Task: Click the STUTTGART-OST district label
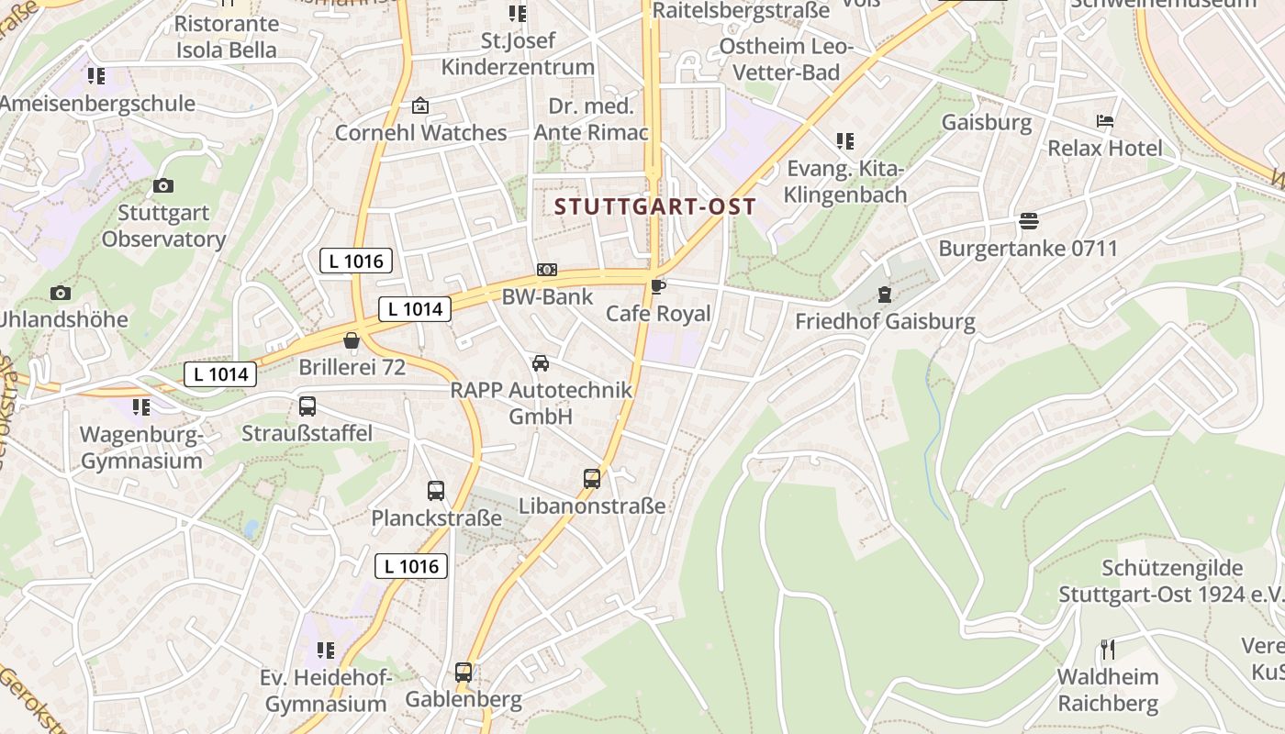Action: coord(655,206)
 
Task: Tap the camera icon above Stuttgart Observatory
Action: coord(163,186)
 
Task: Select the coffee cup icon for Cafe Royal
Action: coord(657,287)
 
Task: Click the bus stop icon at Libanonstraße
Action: coord(592,478)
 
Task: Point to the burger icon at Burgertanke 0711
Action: coord(1028,221)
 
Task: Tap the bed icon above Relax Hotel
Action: coord(1105,121)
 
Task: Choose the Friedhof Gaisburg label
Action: coord(885,321)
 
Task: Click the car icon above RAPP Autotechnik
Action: coord(541,363)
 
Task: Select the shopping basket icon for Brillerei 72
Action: coord(352,341)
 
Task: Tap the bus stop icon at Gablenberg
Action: coord(464,673)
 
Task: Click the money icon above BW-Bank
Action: coord(547,270)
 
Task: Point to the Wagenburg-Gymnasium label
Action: coord(141,447)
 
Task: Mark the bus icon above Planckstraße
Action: coord(436,491)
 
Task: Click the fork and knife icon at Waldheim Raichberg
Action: coord(1108,650)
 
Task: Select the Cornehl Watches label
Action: coord(420,133)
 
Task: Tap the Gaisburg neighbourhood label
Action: coord(987,122)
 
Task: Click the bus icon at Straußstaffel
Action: coord(307,406)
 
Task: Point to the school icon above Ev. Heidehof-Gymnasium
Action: coord(325,651)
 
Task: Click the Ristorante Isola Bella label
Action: coord(226,37)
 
